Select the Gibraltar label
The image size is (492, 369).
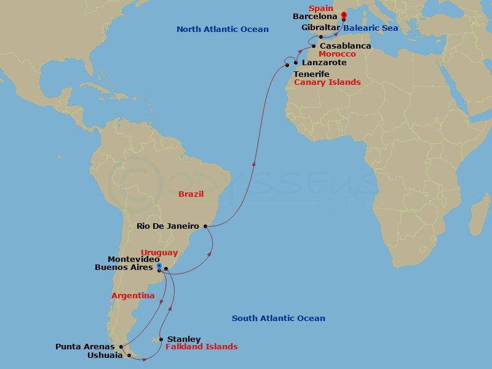tap(320, 28)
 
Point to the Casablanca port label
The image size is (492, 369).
tap(345, 46)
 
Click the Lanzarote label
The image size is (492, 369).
tap(324, 63)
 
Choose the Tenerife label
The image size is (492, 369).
tap(311, 74)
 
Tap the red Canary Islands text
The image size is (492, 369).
tap(327, 82)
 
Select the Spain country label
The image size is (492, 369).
tap(321, 8)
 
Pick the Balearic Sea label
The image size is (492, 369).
tap(371, 28)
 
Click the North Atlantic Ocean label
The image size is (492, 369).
tap(223, 29)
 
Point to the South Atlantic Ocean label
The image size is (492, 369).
tap(279, 318)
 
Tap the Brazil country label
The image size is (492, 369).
tap(191, 194)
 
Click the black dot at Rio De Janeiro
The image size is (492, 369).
tap(205, 226)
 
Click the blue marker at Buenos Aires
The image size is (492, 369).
tap(159, 267)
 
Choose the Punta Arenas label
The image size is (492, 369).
tap(85, 346)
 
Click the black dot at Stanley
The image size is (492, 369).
tap(161, 339)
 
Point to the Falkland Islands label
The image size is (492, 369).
tap(202, 346)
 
